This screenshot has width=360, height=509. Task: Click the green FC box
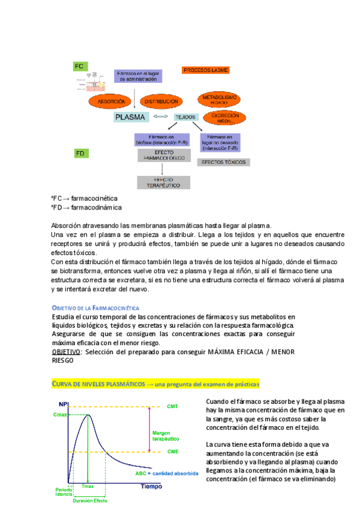click(80, 65)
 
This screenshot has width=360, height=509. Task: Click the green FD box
click(80, 154)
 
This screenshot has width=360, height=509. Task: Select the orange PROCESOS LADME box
click(205, 70)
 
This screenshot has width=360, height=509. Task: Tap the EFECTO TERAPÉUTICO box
click(163, 182)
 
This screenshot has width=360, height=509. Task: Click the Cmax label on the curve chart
click(60, 415)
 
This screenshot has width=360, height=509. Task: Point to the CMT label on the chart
click(172, 407)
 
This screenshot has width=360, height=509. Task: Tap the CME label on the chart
click(172, 452)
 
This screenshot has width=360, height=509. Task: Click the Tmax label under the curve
click(88, 486)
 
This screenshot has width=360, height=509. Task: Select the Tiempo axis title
click(151, 486)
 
